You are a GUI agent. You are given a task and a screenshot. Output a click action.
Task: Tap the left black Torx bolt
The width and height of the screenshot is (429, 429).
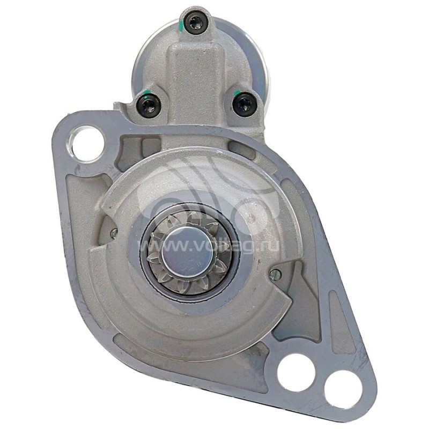pyautogui.click(x=148, y=105)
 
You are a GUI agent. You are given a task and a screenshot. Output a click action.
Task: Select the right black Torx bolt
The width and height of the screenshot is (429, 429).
pyautogui.click(x=245, y=105)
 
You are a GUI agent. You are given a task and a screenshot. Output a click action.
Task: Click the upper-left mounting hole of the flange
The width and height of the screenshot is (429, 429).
pyautogui.click(x=87, y=144)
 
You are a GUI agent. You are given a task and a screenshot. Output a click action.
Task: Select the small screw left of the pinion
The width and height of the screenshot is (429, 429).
pyautogui.click(x=114, y=233)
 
